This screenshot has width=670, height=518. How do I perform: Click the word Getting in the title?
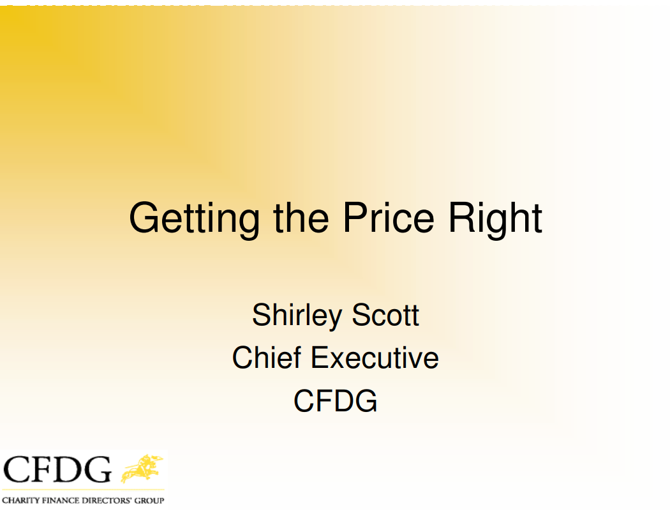[194, 219]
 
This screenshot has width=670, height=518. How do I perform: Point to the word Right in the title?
[495, 219]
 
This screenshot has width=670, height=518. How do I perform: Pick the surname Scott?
[385, 315]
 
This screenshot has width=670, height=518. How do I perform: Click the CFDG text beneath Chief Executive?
[336, 401]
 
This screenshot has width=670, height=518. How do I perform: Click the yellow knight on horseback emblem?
[142, 468]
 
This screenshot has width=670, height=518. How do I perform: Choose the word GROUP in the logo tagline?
[149, 501]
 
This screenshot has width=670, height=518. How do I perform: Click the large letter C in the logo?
[16, 469]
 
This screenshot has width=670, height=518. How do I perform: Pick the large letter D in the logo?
[66, 469]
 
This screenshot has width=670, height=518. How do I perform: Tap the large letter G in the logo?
[97, 469]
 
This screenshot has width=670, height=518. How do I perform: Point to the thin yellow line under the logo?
[83, 489]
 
